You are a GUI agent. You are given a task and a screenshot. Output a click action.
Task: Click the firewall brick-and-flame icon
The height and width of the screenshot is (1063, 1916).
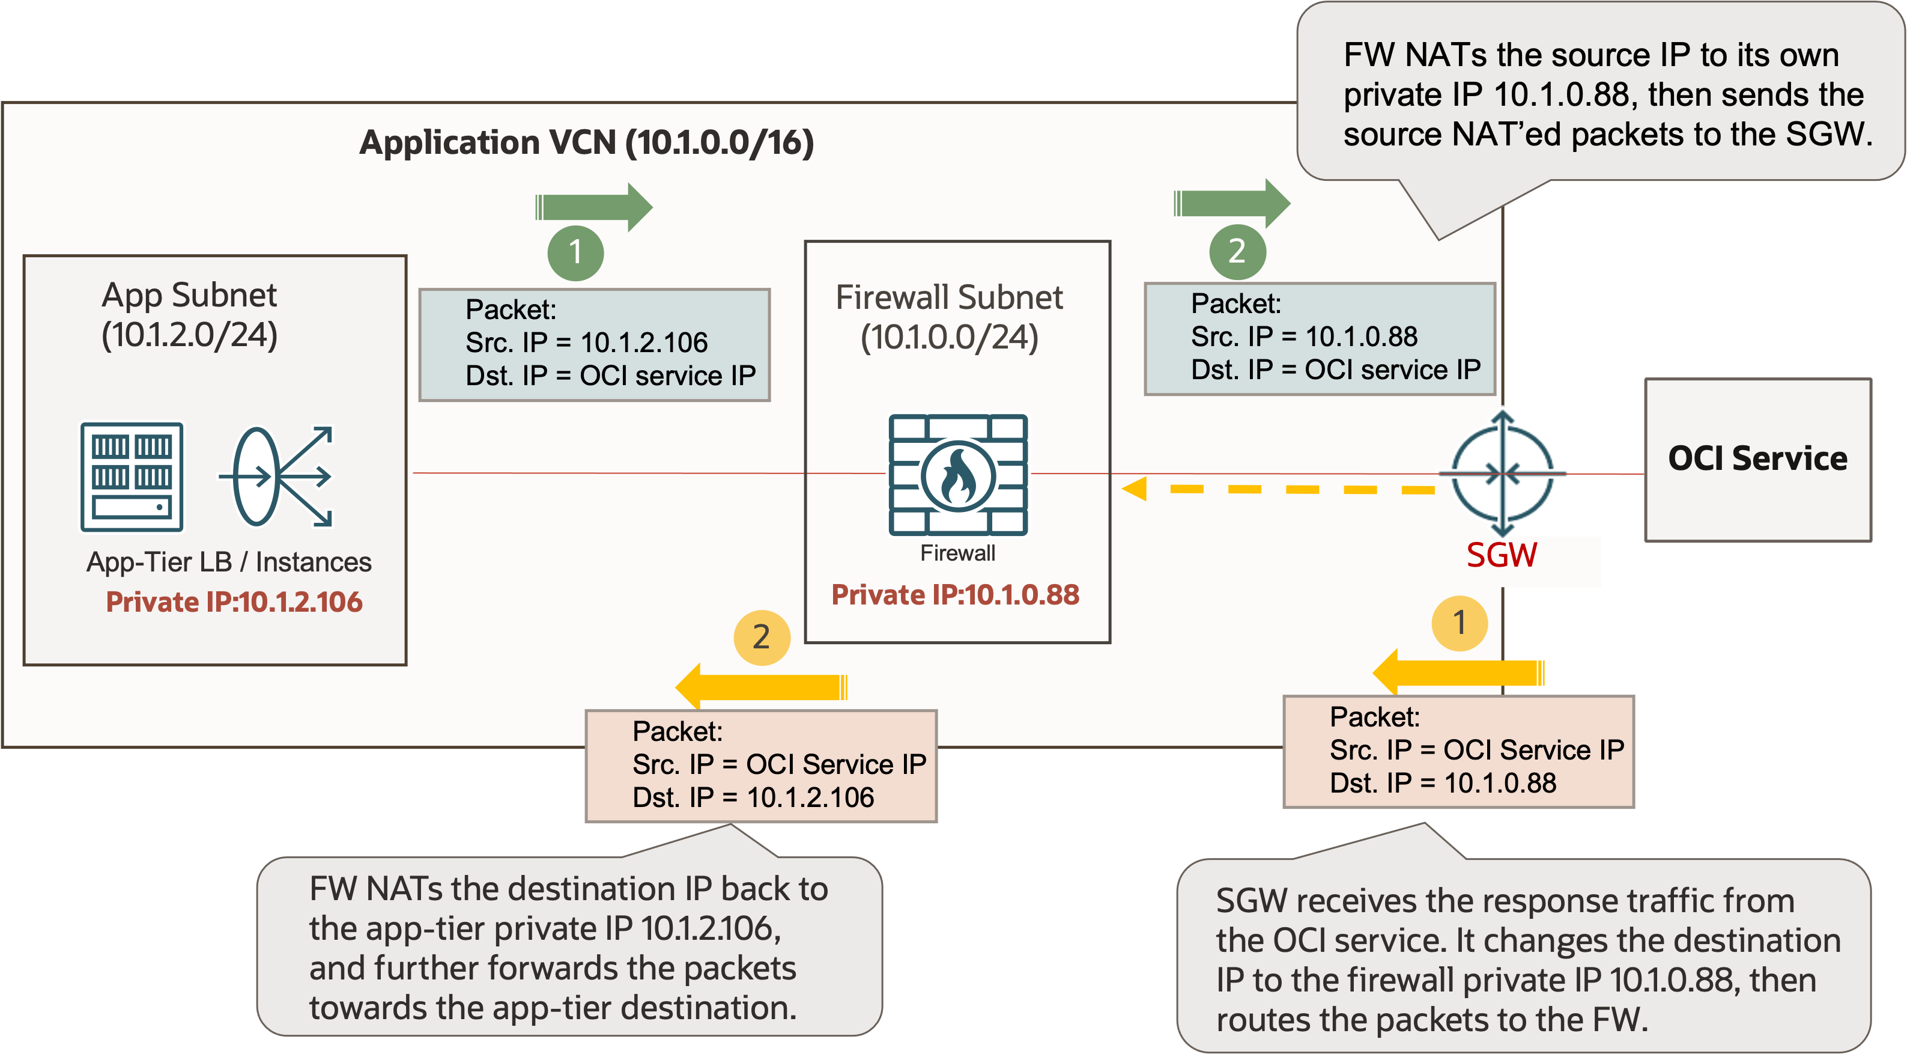point(958,475)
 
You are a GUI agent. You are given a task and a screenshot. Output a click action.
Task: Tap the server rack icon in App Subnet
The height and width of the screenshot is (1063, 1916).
point(132,477)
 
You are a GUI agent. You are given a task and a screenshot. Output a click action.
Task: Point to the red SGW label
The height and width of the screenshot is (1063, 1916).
point(1501,555)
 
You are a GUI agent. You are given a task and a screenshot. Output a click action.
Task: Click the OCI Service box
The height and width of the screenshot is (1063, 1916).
point(1757,459)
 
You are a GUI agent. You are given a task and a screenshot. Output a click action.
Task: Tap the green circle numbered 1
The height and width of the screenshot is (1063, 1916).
point(575,252)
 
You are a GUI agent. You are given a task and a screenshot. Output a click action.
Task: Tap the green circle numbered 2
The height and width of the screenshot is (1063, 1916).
point(1237,251)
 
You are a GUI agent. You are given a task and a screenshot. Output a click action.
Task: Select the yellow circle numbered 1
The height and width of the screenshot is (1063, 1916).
point(1460,623)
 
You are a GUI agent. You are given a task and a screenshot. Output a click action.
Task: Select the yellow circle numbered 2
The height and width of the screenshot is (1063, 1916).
point(761,638)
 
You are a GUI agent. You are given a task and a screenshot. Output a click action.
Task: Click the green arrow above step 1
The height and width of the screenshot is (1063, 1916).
point(593,207)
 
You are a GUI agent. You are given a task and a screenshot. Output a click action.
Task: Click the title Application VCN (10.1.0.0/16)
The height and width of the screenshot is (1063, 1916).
point(586,142)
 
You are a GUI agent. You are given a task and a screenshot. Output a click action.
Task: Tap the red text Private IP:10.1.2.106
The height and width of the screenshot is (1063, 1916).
point(234,601)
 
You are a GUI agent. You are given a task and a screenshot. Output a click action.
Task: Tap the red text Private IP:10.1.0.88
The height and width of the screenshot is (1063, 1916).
point(955,594)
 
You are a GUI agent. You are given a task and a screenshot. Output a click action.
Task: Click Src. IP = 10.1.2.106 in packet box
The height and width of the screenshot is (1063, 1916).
point(586,342)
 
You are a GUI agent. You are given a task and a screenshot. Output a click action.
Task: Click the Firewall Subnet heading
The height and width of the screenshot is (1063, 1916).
point(949,297)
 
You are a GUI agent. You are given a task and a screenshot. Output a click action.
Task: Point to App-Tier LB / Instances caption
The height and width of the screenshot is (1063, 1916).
point(228,562)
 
